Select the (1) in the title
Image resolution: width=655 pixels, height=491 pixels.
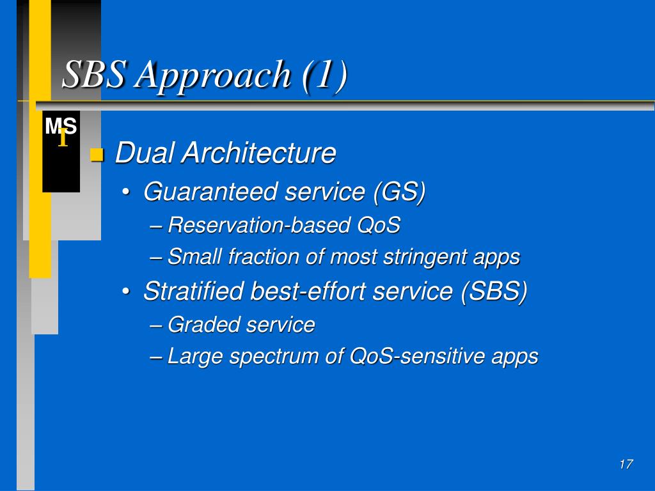click(x=325, y=75)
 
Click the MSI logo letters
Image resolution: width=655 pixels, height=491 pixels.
click(x=61, y=130)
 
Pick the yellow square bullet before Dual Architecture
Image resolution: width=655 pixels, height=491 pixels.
click(x=97, y=155)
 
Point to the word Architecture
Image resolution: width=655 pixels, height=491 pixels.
click(x=259, y=152)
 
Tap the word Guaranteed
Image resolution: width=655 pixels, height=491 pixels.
click(x=210, y=192)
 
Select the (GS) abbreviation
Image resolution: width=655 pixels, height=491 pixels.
click(x=399, y=192)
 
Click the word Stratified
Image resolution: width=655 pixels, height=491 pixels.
click(x=193, y=291)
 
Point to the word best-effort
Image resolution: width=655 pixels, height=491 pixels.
click(x=308, y=291)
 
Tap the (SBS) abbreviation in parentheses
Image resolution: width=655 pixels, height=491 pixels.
click(x=494, y=292)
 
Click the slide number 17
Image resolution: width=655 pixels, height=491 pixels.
click(x=626, y=464)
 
